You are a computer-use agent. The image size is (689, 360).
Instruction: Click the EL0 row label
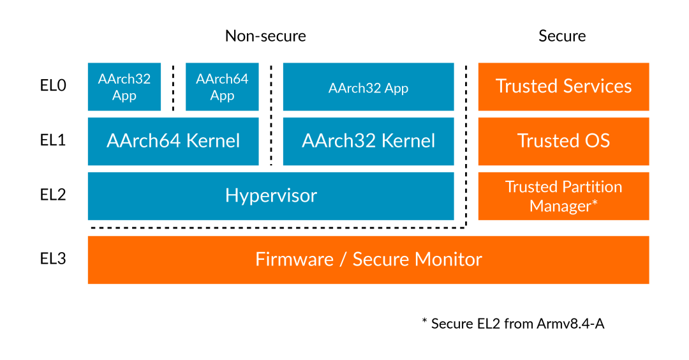[x=53, y=86]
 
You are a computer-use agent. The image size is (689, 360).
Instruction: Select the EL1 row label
[x=53, y=140]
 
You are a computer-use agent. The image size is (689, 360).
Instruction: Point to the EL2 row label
[x=53, y=195]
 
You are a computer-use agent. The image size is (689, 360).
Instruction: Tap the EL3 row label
[x=53, y=259]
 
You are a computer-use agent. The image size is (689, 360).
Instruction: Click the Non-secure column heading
[x=265, y=36]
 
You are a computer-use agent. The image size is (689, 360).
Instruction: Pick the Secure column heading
[x=562, y=36]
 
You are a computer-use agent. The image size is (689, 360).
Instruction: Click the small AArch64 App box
[x=222, y=87]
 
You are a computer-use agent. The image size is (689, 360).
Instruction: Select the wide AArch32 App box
[x=368, y=87]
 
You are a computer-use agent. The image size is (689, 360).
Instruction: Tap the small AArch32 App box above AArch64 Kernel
[x=124, y=87]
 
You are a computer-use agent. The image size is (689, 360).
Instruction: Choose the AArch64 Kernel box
[x=173, y=140]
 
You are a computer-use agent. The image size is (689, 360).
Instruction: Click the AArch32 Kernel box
[x=368, y=140]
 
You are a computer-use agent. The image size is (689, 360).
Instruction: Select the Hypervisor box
[x=270, y=195]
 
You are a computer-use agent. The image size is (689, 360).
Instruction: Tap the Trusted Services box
[x=563, y=86]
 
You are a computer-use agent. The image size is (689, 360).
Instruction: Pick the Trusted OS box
[x=563, y=140]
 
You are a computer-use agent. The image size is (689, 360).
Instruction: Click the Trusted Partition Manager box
[x=563, y=196]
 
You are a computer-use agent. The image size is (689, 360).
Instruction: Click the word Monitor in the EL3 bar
[x=448, y=259]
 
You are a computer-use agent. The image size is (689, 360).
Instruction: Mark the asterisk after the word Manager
[x=595, y=204]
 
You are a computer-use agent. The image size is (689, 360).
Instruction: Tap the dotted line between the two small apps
[x=173, y=87]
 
